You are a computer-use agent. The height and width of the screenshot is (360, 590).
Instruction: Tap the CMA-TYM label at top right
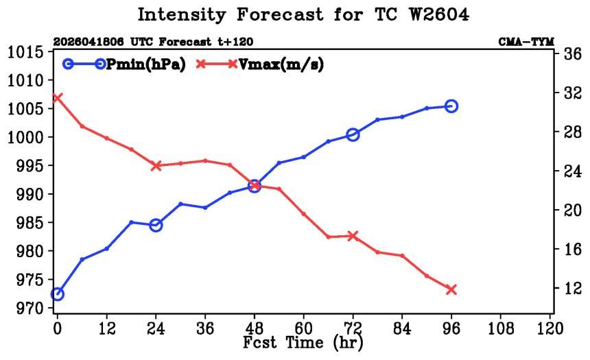click(526, 41)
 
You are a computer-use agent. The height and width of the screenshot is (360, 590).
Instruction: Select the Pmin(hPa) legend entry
click(123, 64)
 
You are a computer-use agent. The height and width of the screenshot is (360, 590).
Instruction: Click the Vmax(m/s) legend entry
click(259, 64)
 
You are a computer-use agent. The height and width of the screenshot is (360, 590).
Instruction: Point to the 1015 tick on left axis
click(25, 52)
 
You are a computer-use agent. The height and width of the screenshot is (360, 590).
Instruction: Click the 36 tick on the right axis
click(572, 54)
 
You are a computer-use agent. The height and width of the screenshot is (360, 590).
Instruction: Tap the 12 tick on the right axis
click(572, 289)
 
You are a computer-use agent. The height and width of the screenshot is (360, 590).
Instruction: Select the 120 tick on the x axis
click(550, 328)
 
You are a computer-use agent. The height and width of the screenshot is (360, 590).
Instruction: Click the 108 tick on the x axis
click(501, 328)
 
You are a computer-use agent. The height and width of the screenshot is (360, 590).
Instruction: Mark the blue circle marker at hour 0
click(58, 293)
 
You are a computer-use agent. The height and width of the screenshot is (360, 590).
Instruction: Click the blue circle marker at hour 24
click(156, 226)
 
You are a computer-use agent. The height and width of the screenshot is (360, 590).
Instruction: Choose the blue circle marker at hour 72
click(353, 134)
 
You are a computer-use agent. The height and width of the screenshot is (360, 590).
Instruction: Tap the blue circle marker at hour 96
click(451, 106)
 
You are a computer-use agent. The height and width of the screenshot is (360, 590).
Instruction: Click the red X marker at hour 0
click(57, 98)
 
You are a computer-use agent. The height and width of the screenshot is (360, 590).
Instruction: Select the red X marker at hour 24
click(156, 165)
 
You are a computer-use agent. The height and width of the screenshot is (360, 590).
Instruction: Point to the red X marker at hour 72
click(353, 237)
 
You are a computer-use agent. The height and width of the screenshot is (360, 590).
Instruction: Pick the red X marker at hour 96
click(451, 289)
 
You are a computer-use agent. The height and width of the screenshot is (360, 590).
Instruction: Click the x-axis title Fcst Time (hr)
click(303, 343)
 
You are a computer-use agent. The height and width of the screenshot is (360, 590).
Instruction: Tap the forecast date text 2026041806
click(88, 41)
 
